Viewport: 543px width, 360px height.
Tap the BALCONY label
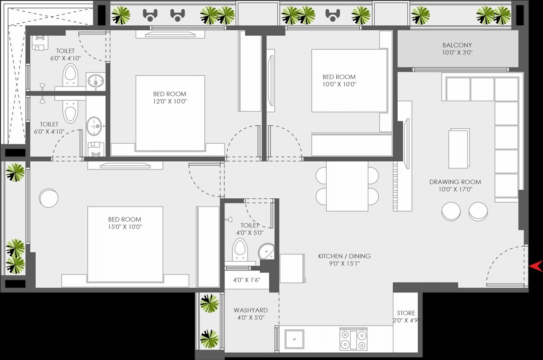[457, 45]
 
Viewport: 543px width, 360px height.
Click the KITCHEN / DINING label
[344, 256]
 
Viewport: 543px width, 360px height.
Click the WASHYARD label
[251, 310]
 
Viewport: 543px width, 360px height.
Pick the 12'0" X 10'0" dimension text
[170, 101]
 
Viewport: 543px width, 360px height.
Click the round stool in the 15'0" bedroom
[48, 197]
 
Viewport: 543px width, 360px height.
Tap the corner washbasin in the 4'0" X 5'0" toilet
[266, 252]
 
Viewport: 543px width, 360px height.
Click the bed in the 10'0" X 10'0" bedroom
[349, 81]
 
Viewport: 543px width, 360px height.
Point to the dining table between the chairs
[347, 186]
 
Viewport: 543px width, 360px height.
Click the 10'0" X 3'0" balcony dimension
[457, 53]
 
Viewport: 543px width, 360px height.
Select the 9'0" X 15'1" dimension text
[344, 264]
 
